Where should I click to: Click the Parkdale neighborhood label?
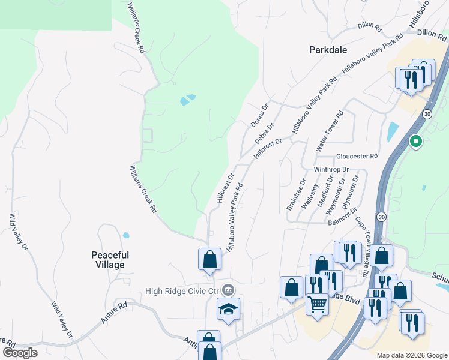[328, 50]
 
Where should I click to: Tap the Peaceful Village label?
[110, 260]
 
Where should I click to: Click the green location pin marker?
[415, 142]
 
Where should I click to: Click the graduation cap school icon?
[228, 308]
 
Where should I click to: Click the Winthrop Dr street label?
[331, 169]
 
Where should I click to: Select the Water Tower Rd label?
[329, 131]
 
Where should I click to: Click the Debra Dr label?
[264, 134]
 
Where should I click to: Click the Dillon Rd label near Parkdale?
[370, 27]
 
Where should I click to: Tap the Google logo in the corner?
[20, 353]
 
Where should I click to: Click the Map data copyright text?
[411, 355]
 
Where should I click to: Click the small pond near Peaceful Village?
[125, 235]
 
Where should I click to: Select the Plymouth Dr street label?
[350, 191]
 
